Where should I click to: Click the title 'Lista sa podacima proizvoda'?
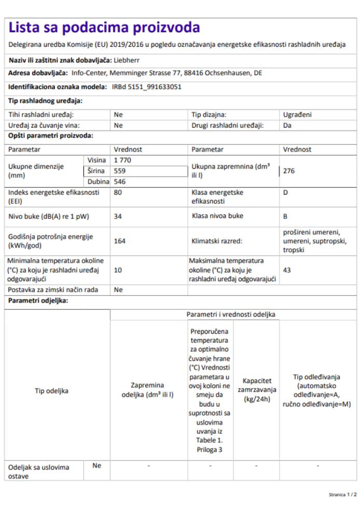pyautogui.click(x=104, y=27)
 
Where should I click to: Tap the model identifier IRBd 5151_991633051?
pyautogui.click(x=147, y=87)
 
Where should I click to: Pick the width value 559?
pyautogui.click(x=120, y=170)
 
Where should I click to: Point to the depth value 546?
pyautogui.click(x=120, y=182)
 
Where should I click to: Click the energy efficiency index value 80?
pyautogui.click(x=118, y=193)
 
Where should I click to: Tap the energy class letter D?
pyautogui.click(x=285, y=193)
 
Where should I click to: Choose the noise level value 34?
pyautogui.click(x=118, y=216)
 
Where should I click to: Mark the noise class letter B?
pyautogui.click(x=285, y=216)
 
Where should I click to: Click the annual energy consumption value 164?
pyautogui.click(x=120, y=241)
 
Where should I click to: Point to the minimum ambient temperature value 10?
pyautogui.click(x=118, y=270)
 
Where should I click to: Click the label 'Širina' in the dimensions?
pyautogui.click(x=96, y=170)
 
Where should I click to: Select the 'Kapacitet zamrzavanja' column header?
pyautogui.click(x=257, y=390)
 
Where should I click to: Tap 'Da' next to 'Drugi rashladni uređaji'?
pyautogui.click(x=287, y=126)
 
